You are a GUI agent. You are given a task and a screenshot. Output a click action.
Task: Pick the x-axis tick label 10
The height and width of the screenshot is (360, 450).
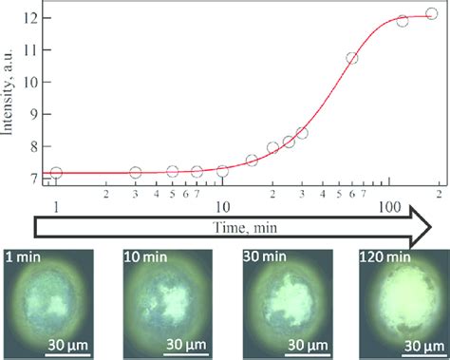[222, 206]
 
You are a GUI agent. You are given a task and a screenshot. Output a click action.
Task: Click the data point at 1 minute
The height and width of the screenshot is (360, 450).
[56, 173]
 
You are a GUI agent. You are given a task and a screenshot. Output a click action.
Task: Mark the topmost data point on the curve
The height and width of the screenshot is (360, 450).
[431, 14]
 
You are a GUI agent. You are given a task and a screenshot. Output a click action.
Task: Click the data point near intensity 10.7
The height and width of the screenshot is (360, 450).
[351, 58]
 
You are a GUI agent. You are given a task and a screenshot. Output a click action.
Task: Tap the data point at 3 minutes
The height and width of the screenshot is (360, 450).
[135, 173]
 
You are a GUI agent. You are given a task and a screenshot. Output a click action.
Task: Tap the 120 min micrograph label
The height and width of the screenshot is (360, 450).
[384, 256]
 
